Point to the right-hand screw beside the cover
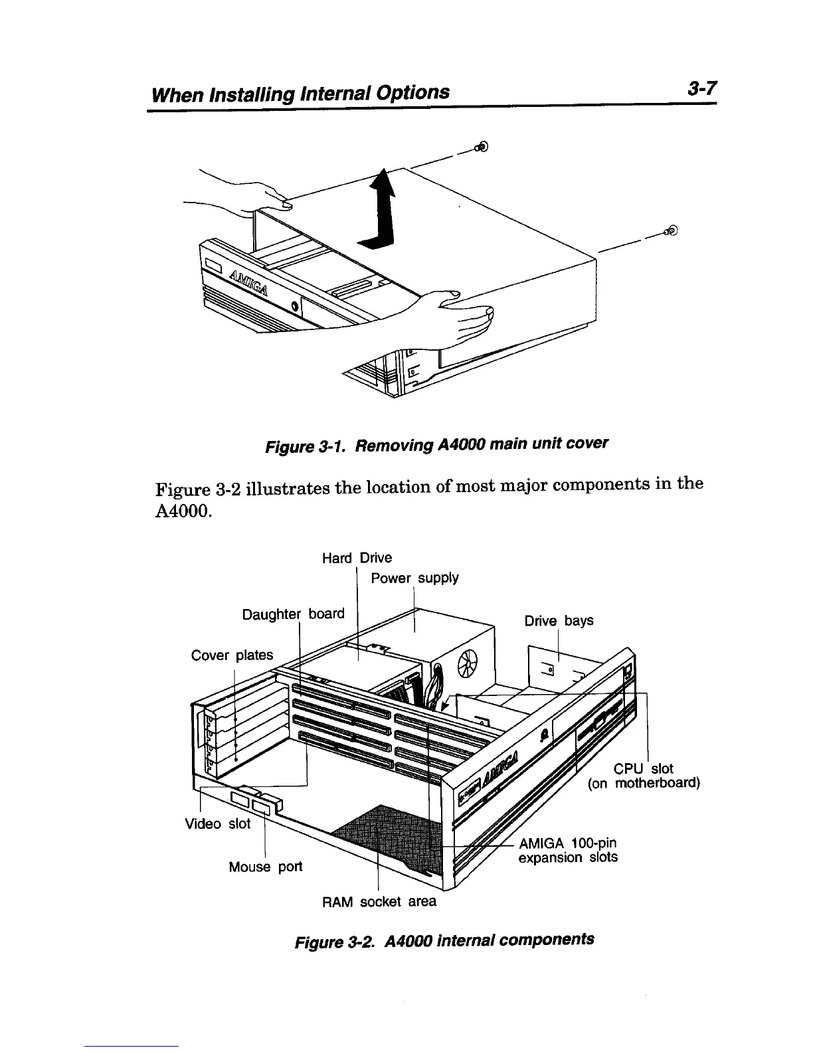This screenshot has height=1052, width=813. (x=671, y=231)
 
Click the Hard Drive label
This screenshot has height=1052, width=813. (x=357, y=558)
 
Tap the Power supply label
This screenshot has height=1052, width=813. (x=414, y=578)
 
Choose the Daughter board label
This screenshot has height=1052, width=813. (x=294, y=614)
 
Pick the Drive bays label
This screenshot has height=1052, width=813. (x=559, y=621)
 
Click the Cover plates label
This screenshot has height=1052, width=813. (x=232, y=656)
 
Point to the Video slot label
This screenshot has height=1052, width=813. (x=217, y=824)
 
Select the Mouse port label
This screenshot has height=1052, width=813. (x=265, y=867)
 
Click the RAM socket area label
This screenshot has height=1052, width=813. (x=379, y=902)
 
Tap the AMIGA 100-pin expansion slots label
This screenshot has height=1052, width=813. (x=568, y=851)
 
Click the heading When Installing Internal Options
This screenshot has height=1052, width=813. (x=301, y=92)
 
